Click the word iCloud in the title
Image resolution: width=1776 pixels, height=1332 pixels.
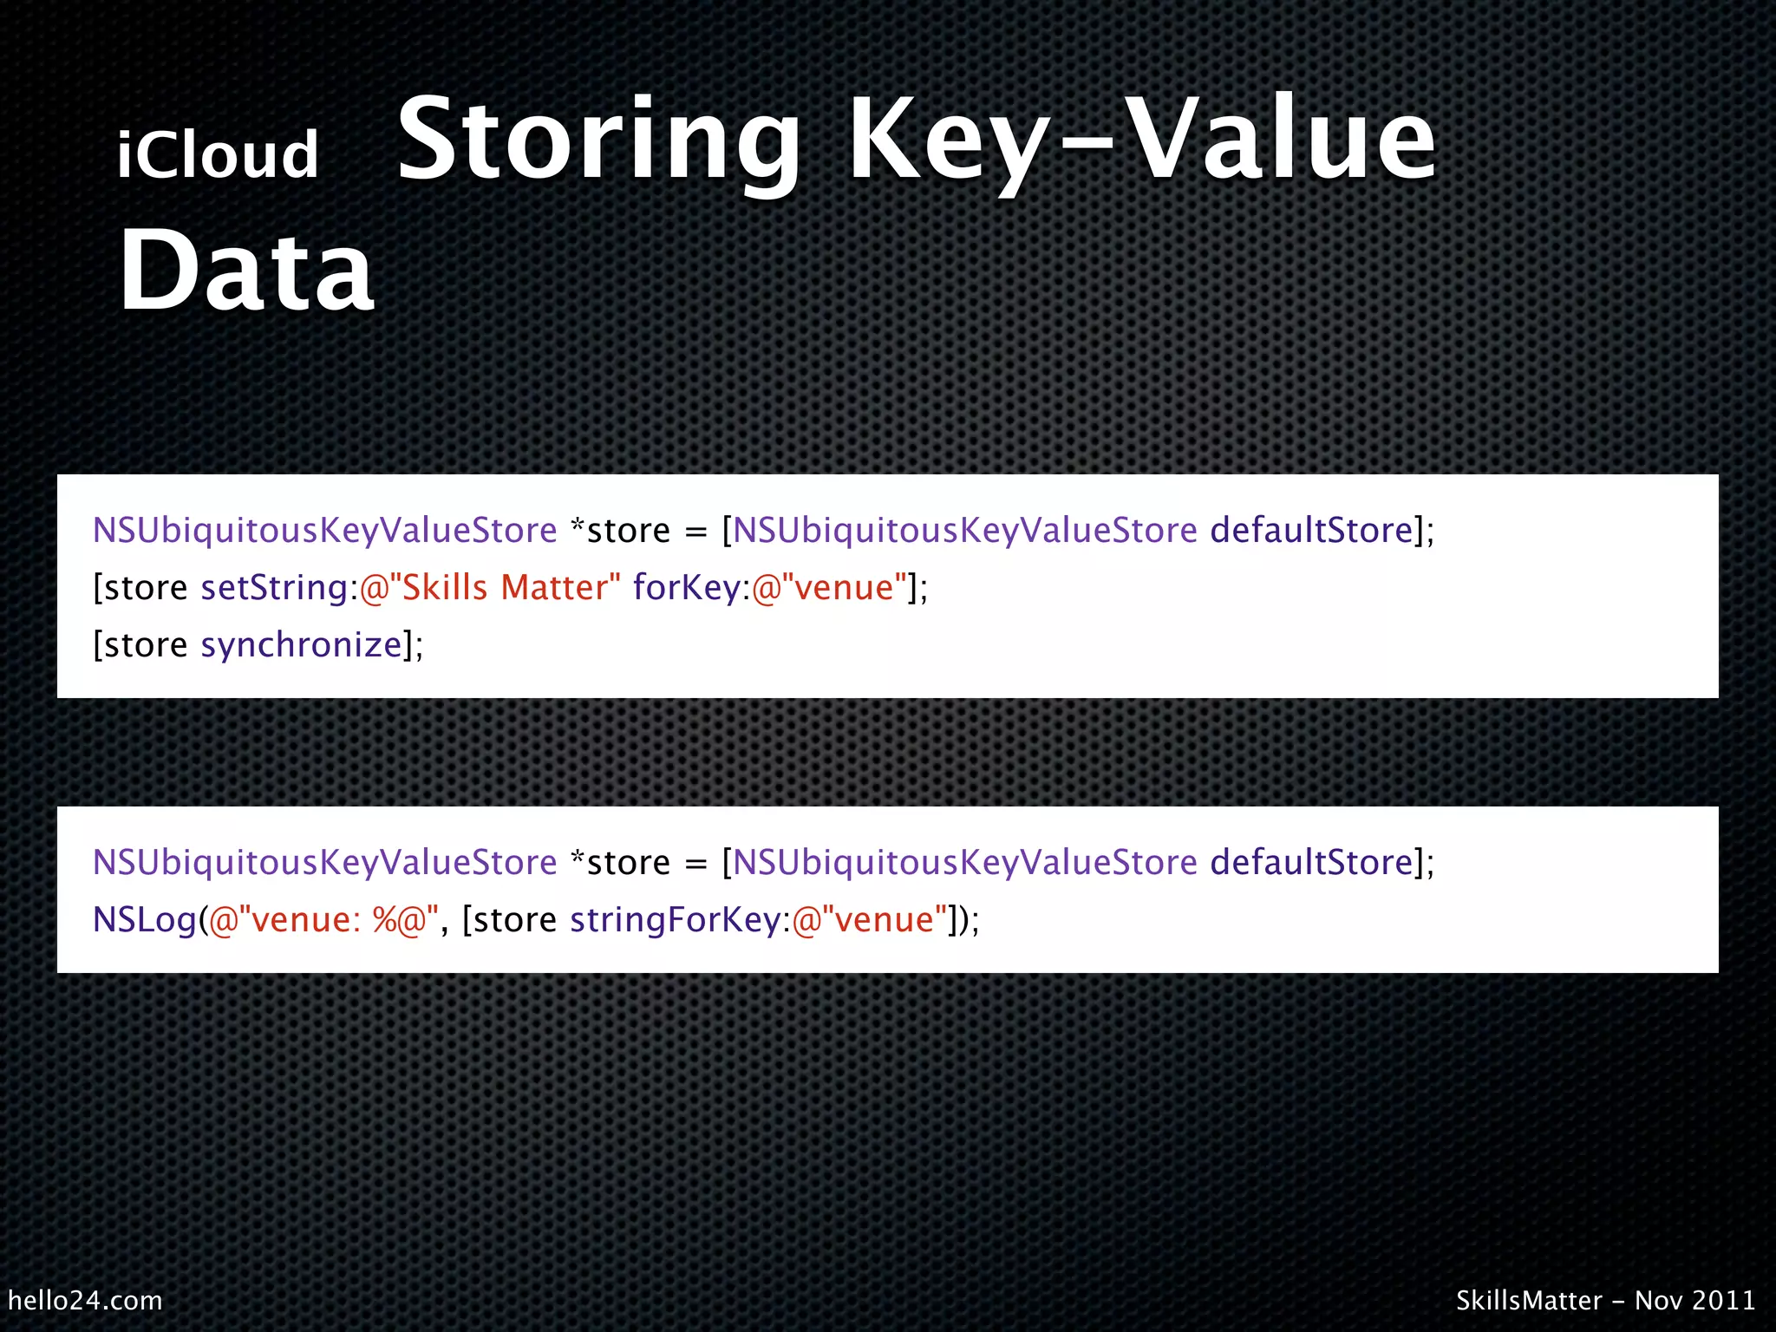pyautogui.click(x=218, y=155)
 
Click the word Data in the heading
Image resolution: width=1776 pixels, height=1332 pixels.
pyautogui.click(x=246, y=271)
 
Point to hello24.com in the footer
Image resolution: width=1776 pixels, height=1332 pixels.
pyautogui.click(x=85, y=1300)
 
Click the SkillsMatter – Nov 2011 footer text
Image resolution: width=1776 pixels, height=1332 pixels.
pyautogui.click(x=1605, y=1300)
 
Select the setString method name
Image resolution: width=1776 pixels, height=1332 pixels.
pyautogui.click(x=274, y=588)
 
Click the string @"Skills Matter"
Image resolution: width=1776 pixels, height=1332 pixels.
pyautogui.click(x=490, y=588)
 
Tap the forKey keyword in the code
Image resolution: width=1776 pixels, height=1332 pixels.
pyautogui.click(x=686, y=588)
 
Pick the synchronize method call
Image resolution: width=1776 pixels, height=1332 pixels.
pyautogui.click(x=301, y=645)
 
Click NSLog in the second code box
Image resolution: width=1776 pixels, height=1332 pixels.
pyautogui.click(x=145, y=919)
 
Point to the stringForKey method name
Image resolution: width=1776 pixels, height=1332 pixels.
pyautogui.click(x=676, y=919)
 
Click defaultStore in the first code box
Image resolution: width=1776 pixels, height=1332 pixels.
pyautogui.click(x=1311, y=531)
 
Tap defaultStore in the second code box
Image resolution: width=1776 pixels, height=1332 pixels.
pyautogui.click(x=1311, y=863)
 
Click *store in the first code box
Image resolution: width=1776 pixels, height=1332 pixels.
pyautogui.click(x=620, y=531)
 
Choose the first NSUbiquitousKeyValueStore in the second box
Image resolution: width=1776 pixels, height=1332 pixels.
pyautogui.click(x=324, y=863)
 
